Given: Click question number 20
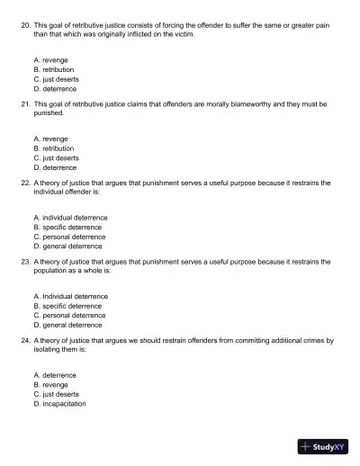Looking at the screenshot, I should (x=24, y=25).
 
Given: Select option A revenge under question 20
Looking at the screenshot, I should (x=50, y=59).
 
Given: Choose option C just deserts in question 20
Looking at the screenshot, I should (x=56, y=79).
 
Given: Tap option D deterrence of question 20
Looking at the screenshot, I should (x=54, y=89).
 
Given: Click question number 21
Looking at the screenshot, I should (x=24, y=104).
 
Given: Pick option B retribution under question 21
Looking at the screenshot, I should (x=53, y=148).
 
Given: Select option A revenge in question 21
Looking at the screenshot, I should (x=50, y=139).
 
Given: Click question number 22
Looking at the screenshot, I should (x=24, y=183).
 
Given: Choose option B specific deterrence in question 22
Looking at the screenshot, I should (x=67, y=227).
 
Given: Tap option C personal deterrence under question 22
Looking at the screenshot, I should (x=68, y=237).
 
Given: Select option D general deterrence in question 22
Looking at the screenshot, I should (x=67, y=246).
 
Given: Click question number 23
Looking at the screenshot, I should (x=24, y=262).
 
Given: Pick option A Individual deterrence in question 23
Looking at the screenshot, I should (x=70, y=296).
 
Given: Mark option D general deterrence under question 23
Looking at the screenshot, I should (x=67, y=325).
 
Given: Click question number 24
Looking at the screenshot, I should (x=24, y=341).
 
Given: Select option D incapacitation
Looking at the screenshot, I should (x=59, y=404).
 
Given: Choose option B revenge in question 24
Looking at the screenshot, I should (x=50, y=384).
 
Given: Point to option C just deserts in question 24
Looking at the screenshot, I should (x=56, y=394).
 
